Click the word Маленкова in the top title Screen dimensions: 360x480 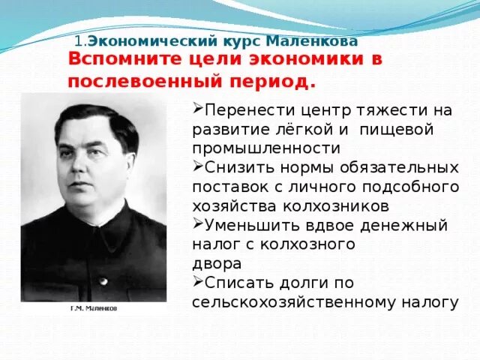click(x=308, y=43)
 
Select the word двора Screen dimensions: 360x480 click(x=217, y=263)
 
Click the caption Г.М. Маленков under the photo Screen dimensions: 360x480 click(x=94, y=308)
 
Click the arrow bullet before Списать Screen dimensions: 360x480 click(x=197, y=281)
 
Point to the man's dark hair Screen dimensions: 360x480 click(x=90, y=120)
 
